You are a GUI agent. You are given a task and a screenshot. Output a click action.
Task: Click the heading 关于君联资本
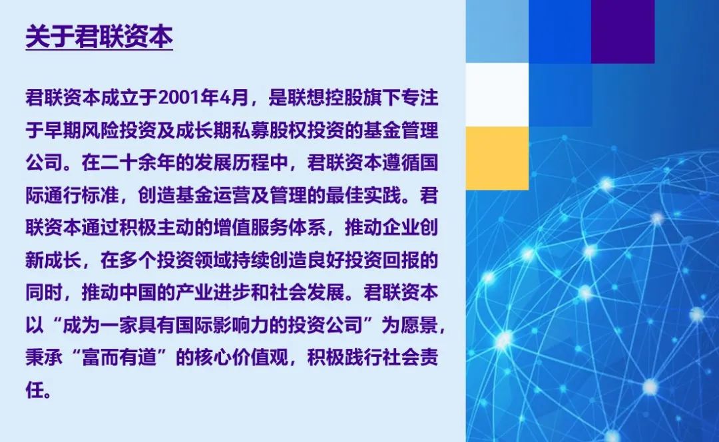click(x=99, y=36)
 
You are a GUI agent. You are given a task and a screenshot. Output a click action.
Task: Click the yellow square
click(x=497, y=158)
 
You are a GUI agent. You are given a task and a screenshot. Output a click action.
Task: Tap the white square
click(x=497, y=95)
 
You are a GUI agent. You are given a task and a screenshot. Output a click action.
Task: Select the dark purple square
click(x=622, y=32)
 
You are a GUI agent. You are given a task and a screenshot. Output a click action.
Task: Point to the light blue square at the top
click(x=497, y=32)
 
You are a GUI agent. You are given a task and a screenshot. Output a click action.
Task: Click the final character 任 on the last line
click(x=35, y=390)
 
